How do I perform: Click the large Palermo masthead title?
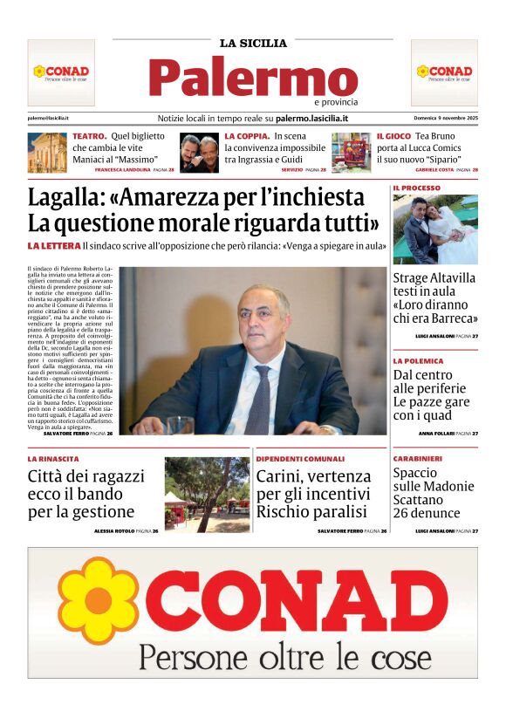[253, 79]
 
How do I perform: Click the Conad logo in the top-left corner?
[61, 72]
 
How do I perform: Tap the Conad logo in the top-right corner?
[444, 72]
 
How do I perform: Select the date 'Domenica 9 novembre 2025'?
[446, 118]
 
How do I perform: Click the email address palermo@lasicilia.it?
[48, 118]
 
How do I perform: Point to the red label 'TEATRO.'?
[89, 137]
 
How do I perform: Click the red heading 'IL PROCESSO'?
[416, 188]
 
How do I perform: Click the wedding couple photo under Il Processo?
[434, 229]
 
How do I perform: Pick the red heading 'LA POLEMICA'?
[418, 360]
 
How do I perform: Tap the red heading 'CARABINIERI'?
[417, 458]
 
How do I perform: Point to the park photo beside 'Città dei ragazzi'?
[207, 495]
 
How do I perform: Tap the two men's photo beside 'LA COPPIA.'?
[200, 153]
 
